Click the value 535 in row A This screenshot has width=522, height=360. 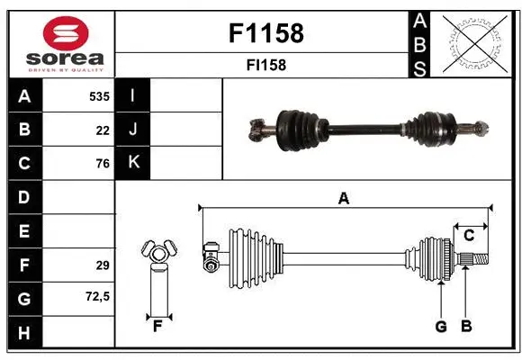coord(98,95)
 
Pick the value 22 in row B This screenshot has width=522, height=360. coord(103,130)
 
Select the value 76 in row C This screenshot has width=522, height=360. coord(103,164)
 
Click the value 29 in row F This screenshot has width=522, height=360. coord(103,265)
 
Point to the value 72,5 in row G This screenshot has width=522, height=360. coord(98,296)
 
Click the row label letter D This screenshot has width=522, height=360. coord(23,197)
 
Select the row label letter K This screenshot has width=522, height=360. coord(133,163)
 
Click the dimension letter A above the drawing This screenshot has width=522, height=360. coord(343,199)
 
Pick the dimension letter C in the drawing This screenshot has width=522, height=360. coord(469,236)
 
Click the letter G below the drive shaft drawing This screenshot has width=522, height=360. coord(441,327)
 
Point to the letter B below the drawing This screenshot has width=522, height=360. coord(466,327)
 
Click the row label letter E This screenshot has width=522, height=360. coord(23,231)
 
